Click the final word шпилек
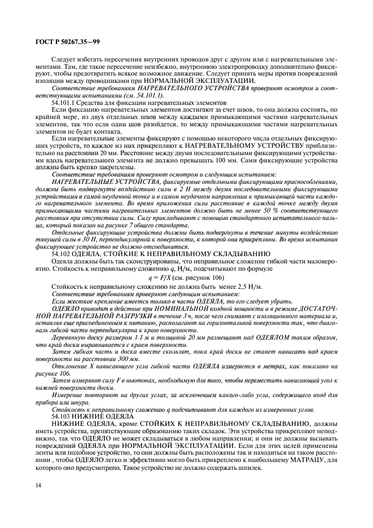[251, 468]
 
